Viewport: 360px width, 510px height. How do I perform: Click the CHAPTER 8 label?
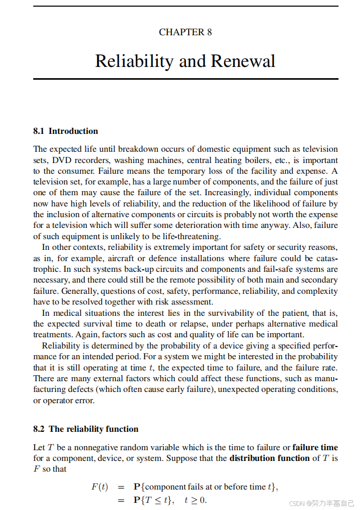(185, 32)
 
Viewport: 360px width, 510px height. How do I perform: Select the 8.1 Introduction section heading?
(65, 131)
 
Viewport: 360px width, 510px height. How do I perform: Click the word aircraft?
(128, 259)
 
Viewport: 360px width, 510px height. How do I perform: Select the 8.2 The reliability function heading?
(86, 429)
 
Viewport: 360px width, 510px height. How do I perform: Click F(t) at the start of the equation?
(100, 487)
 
